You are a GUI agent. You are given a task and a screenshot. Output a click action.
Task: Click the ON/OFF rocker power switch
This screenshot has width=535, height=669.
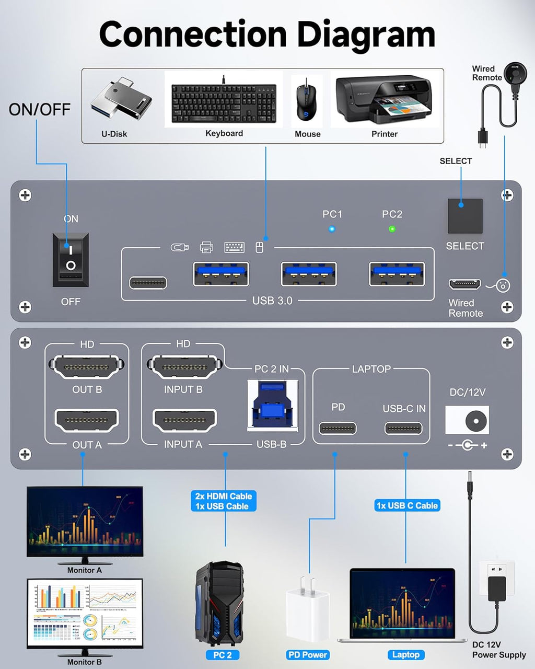pyautogui.click(x=71, y=259)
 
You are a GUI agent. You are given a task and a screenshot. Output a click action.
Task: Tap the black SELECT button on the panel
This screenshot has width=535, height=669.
pyautogui.click(x=464, y=215)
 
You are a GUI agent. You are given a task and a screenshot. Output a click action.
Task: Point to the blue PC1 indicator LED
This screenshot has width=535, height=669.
pyautogui.click(x=332, y=229)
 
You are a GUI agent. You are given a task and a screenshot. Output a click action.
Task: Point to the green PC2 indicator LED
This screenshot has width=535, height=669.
pyautogui.click(x=392, y=229)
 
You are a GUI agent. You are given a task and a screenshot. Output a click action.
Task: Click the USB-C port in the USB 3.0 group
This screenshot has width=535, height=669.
pyautogui.click(x=148, y=283)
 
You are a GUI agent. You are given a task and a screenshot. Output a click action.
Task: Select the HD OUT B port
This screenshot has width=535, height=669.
pyautogui.click(x=87, y=367)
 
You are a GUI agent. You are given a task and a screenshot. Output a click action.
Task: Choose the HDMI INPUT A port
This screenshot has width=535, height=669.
pyautogui.click(x=184, y=420)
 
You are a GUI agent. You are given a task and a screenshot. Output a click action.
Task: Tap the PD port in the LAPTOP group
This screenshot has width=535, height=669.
pyautogui.click(x=338, y=429)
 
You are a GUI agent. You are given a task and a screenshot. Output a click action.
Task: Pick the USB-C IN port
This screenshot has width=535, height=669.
pyautogui.click(x=403, y=429)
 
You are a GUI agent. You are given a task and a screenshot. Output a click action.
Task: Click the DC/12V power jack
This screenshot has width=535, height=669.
pyautogui.click(x=467, y=420)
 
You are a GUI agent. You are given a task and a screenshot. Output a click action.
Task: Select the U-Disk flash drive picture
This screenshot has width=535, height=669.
pyautogui.click(x=121, y=101)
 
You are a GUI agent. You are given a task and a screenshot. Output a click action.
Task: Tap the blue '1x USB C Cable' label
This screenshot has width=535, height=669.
pyautogui.click(x=407, y=505)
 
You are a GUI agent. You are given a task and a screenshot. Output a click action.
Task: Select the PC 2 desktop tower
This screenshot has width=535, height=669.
pyautogui.click(x=219, y=604)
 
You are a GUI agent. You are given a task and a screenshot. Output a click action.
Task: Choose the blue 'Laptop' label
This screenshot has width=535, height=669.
pyautogui.click(x=405, y=654)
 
